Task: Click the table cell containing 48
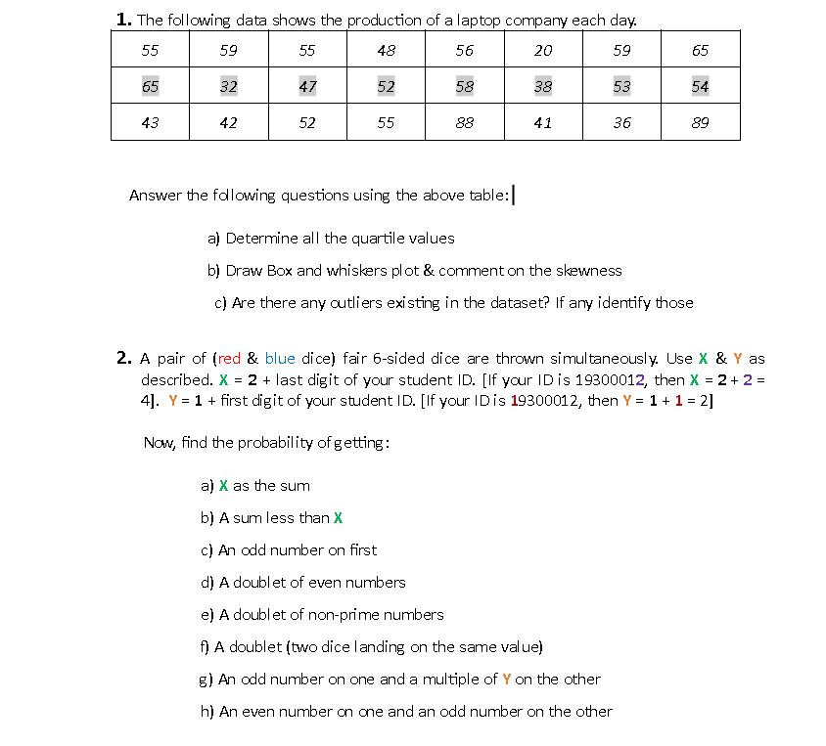click(386, 50)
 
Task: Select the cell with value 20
click(543, 50)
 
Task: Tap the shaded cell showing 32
click(228, 86)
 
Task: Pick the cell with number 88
click(465, 122)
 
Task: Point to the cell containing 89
click(700, 122)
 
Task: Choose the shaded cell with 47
click(307, 86)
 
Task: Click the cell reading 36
click(621, 122)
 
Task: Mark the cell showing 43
click(150, 122)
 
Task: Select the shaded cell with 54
click(700, 86)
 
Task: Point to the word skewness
click(589, 270)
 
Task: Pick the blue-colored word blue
click(280, 359)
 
